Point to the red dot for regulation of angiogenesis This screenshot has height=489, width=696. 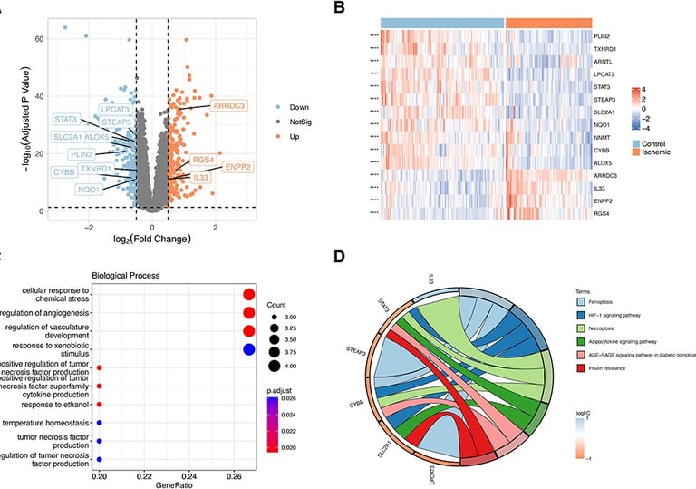pyautogui.click(x=247, y=313)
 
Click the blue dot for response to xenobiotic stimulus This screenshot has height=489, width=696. pyautogui.click(x=247, y=349)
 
